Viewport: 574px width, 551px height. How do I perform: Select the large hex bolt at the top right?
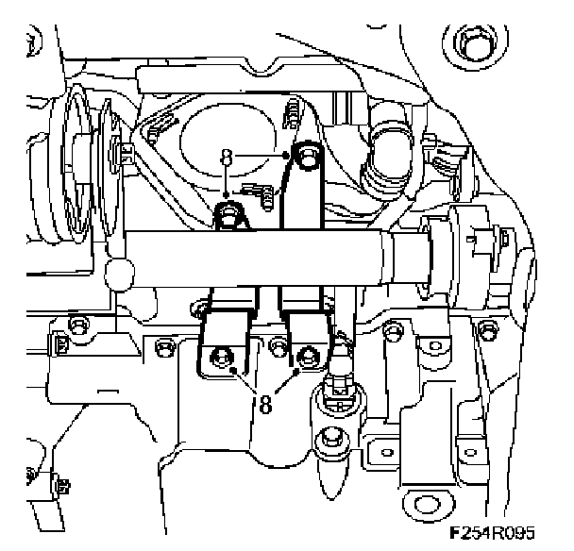470,43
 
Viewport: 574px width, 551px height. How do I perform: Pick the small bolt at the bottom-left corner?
60,487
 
